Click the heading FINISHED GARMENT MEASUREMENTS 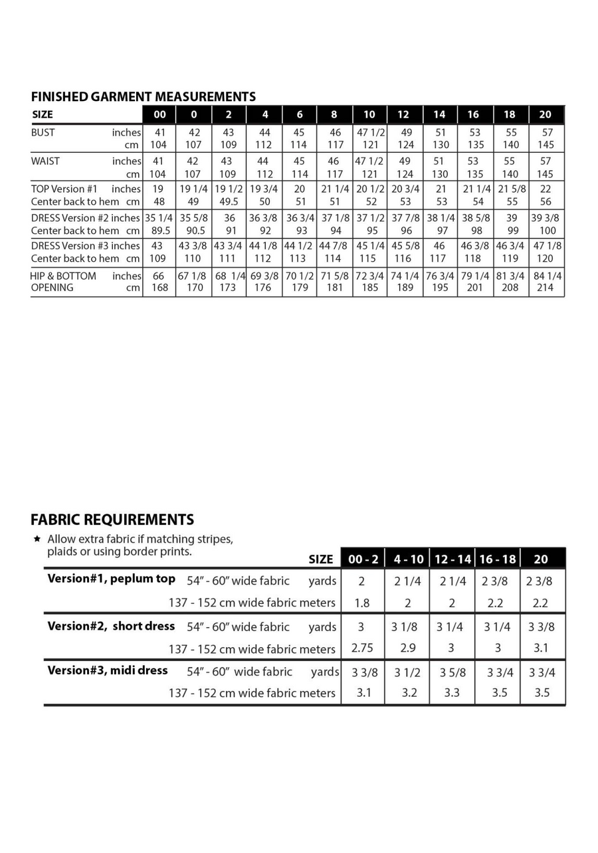(143, 96)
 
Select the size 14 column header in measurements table (439, 114)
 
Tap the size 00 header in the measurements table (159, 114)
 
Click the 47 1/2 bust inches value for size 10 (370, 132)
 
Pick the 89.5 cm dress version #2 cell (158, 231)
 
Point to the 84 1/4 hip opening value (546, 276)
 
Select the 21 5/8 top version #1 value (511, 189)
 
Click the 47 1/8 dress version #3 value (547, 246)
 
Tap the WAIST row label (45, 161)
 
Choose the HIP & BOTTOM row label (63, 276)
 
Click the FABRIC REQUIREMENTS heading (112, 519)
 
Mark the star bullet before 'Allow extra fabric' (37, 538)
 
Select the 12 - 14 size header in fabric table (452, 559)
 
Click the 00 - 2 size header (363, 559)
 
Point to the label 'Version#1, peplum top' (111, 579)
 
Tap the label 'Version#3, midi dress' (108, 670)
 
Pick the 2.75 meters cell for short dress (362, 648)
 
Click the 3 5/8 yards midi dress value (452, 672)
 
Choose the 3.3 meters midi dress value (452, 692)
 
